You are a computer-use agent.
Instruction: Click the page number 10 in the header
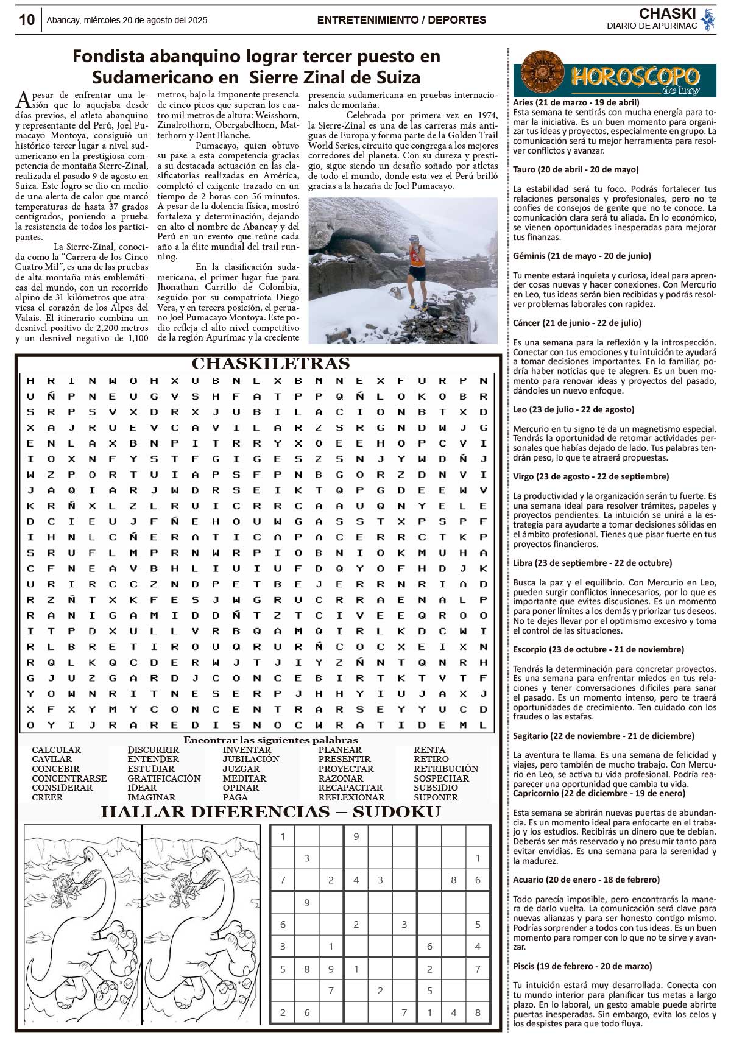click(x=26, y=19)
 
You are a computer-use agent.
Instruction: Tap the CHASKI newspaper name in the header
click(x=668, y=13)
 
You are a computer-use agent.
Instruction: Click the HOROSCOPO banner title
click(x=635, y=77)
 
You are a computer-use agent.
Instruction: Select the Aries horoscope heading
click(x=576, y=102)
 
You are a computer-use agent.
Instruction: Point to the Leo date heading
click(x=573, y=409)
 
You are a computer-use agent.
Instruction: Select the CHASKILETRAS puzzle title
click(x=270, y=364)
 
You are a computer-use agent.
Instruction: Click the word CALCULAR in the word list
click(x=56, y=750)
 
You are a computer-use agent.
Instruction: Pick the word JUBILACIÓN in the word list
click(x=250, y=759)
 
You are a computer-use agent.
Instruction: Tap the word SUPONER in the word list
click(x=436, y=797)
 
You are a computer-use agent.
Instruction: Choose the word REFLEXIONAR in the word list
click(x=351, y=797)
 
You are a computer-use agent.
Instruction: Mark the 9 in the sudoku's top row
click(x=356, y=837)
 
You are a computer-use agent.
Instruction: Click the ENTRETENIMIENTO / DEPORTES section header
click(x=401, y=20)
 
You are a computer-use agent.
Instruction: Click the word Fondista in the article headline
click(x=110, y=57)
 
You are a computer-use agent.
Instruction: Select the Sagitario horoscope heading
click(x=603, y=736)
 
